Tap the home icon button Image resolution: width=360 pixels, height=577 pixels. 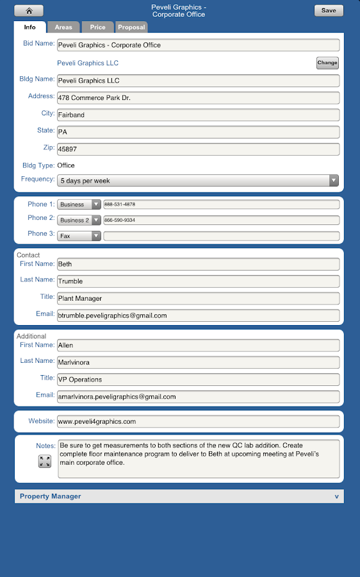(29, 11)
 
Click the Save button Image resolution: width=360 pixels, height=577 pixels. (329, 11)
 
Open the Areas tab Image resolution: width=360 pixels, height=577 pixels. (63, 28)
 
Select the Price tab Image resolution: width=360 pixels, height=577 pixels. (97, 28)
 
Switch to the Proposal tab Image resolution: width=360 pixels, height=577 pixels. (131, 28)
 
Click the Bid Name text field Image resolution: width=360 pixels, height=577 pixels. (198, 46)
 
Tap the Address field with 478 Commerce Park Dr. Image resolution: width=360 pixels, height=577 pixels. (198, 98)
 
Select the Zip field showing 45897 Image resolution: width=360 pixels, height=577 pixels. (198, 149)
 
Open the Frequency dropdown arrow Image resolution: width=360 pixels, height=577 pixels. (334, 181)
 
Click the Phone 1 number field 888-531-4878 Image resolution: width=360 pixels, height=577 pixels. (221, 205)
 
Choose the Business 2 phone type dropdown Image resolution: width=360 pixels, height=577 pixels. (79, 220)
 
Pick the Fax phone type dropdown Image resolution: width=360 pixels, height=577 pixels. (79, 236)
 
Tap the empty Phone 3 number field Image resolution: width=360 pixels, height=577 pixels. (221, 236)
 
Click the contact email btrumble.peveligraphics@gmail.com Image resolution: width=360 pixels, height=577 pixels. (198, 315)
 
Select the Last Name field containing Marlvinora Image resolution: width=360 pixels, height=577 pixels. (198, 362)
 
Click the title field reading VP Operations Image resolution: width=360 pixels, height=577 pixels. (198, 380)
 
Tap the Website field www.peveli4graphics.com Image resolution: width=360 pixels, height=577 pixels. (198, 422)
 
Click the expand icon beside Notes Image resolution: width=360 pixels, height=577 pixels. (44, 461)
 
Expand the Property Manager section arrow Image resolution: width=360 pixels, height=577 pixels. (336, 497)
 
